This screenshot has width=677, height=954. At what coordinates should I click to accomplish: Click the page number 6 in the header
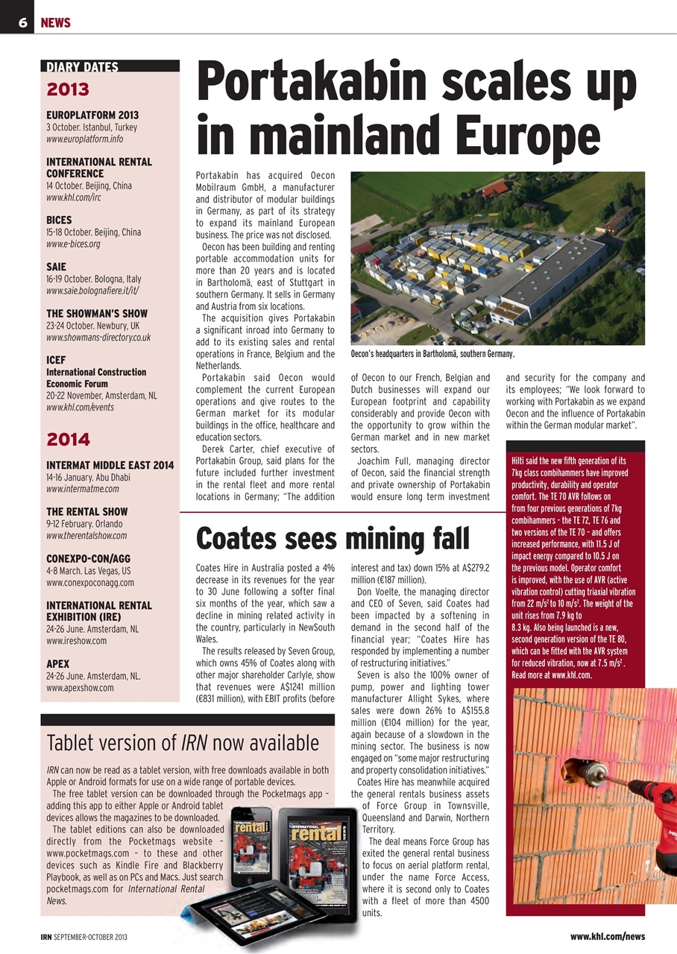[22, 23]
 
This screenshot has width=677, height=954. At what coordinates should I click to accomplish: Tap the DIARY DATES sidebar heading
[82, 67]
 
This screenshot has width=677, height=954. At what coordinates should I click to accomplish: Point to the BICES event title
[59, 220]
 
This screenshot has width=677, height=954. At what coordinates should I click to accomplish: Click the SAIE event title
[56, 266]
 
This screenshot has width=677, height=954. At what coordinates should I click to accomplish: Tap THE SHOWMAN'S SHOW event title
[97, 313]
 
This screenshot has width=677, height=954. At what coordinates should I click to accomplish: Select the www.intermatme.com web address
[83, 489]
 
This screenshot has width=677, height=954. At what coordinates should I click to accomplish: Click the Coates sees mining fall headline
[333, 537]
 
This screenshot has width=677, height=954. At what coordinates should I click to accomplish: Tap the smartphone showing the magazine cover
[256, 850]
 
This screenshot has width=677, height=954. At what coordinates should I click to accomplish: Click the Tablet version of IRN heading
[183, 742]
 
